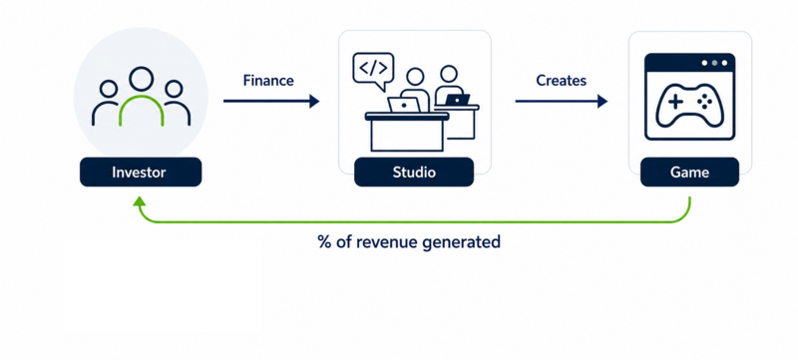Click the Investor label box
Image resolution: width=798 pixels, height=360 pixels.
click(x=141, y=172)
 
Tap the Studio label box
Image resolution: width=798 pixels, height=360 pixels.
click(x=414, y=172)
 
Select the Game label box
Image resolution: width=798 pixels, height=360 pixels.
click(x=689, y=172)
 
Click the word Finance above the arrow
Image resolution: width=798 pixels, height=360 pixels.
click(x=268, y=81)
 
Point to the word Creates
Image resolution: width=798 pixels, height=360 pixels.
click(x=561, y=81)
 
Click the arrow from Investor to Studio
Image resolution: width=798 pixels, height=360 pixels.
click(x=271, y=101)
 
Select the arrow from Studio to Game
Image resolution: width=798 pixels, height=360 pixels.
click(x=562, y=101)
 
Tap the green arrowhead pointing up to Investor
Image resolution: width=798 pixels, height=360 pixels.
click(x=140, y=201)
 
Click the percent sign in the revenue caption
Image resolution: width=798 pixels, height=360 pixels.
click(x=325, y=241)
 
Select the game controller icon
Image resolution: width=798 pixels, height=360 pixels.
click(x=689, y=105)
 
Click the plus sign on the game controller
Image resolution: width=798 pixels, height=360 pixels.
click(x=675, y=102)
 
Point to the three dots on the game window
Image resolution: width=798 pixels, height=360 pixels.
click(x=714, y=63)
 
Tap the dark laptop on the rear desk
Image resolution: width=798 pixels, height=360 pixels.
click(x=457, y=100)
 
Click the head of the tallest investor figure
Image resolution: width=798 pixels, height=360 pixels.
click(x=141, y=80)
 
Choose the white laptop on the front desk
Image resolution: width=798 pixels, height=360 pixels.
click(x=404, y=105)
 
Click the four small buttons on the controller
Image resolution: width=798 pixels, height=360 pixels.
click(x=704, y=102)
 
